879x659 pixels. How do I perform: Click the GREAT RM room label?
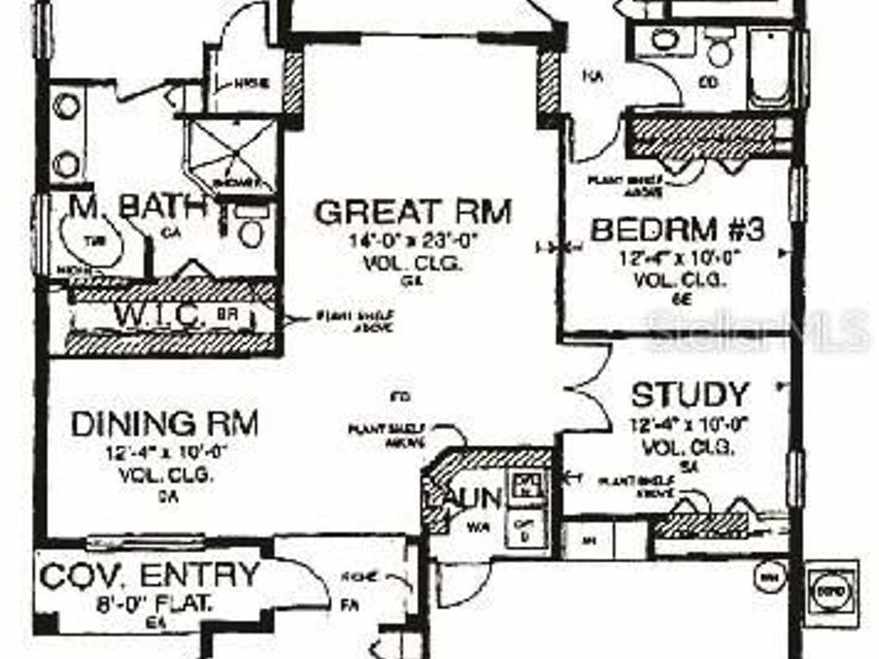pos(413,210)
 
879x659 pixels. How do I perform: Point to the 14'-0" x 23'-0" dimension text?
pos(413,240)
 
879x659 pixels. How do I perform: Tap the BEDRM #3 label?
pos(678,230)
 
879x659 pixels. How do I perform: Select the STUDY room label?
pos(690,395)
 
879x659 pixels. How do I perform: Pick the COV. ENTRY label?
pos(150,574)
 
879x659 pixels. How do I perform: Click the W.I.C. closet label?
pos(161,315)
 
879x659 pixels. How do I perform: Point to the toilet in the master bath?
pos(251,230)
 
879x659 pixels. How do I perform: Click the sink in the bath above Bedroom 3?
pos(666,41)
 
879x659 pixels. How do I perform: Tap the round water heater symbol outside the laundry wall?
pos(768,578)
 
